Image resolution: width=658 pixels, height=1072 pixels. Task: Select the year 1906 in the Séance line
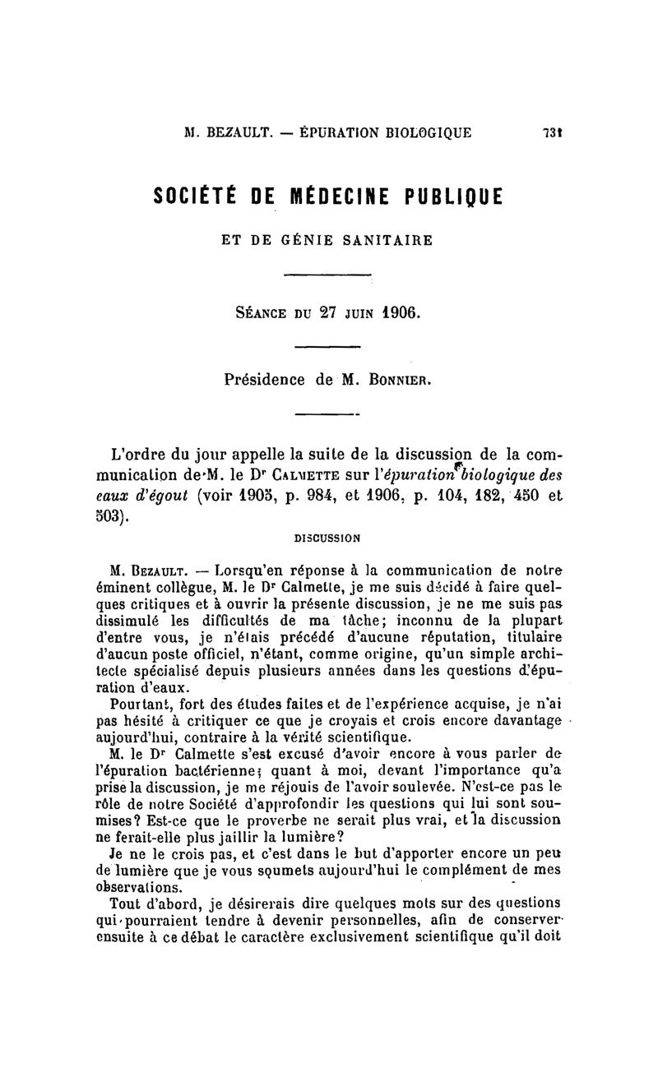pyautogui.click(x=398, y=313)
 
